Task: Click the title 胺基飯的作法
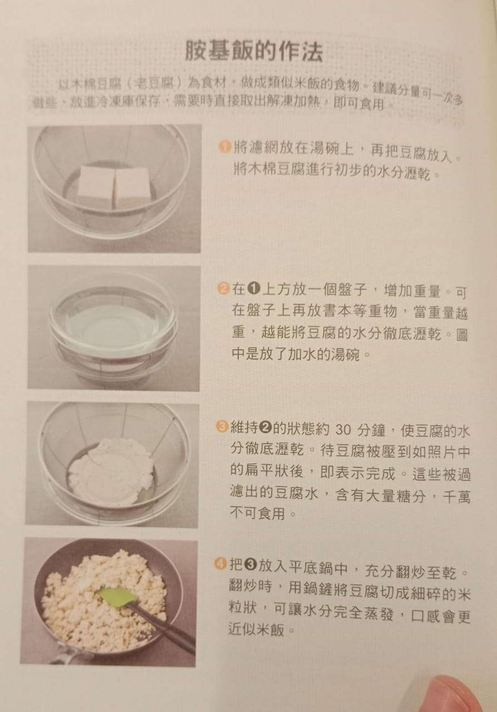coord(254,51)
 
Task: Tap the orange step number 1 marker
coord(225,147)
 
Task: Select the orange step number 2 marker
coord(223,289)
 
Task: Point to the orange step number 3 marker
coord(222,427)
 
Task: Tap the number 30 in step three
coord(343,430)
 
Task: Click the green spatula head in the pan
coord(117,597)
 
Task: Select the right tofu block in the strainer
coord(132,187)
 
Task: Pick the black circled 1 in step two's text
coord(254,289)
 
